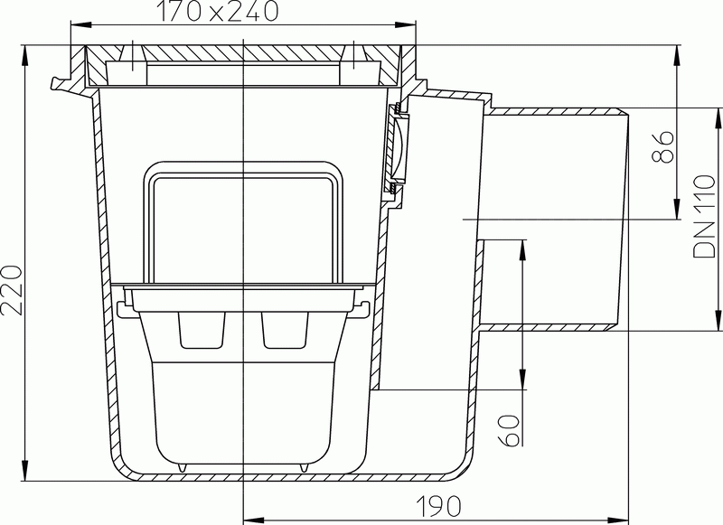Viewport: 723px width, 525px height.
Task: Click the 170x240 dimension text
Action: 218,11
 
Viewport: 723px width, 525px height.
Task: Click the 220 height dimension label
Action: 11,290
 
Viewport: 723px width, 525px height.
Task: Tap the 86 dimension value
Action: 662,146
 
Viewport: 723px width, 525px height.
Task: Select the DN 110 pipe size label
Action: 704,216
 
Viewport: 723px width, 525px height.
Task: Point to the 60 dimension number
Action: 509,430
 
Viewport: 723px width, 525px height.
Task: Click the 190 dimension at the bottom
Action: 438,506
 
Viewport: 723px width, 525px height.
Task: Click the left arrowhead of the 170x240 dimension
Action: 80,24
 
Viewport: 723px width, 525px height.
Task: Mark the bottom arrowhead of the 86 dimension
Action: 676,209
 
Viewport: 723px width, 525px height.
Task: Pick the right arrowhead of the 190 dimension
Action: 620,520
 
